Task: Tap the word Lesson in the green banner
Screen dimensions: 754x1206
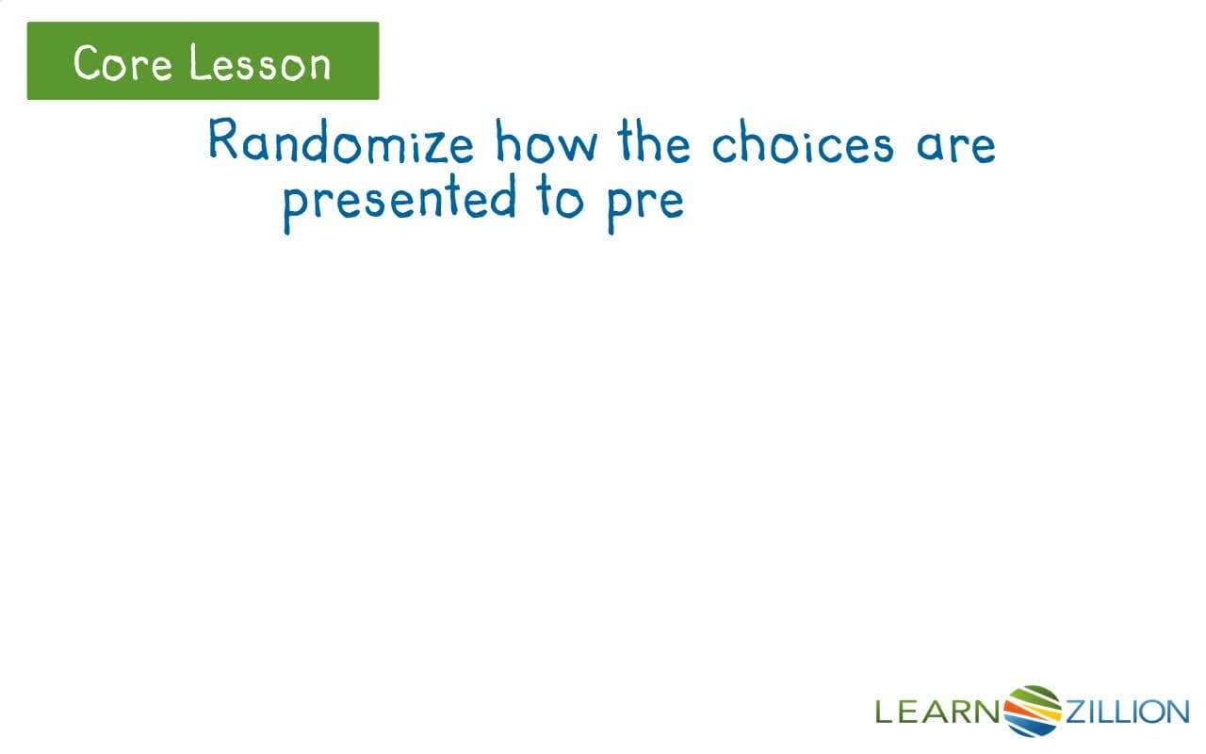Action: coord(259,63)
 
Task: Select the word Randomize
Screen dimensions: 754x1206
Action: coord(341,143)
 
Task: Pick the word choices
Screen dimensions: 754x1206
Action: coord(802,143)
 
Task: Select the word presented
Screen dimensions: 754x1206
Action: coord(399,201)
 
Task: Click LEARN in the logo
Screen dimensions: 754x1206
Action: coord(937,712)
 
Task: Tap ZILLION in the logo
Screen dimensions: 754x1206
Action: coord(1126,712)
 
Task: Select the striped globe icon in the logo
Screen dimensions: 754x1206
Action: coord(1034,710)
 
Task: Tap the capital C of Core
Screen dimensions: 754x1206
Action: coord(87,63)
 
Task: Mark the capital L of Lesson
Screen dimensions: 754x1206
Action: coord(196,63)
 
